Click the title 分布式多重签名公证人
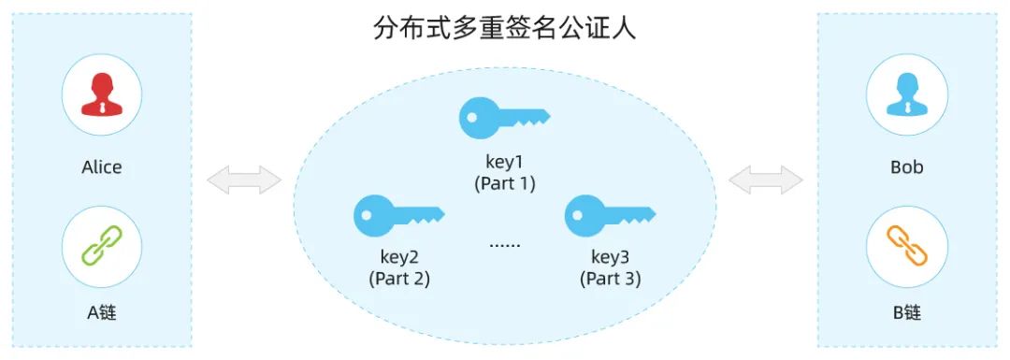[x=504, y=28]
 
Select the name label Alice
[x=102, y=167]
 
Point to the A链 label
[x=102, y=313]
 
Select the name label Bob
[x=906, y=167]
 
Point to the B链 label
[x=906, y=313]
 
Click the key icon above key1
[x=504, y=118]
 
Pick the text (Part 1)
[x=505, y=183]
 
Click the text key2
[x=399, y=256]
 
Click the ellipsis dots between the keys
[x=505, y=245]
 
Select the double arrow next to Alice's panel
[x=243, y=180]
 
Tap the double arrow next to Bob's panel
[x=765, y=180]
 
